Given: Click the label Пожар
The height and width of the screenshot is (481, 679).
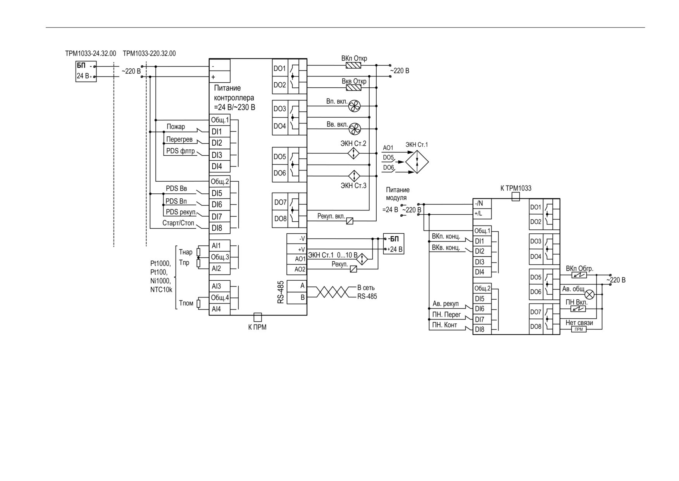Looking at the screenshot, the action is coord(176,127).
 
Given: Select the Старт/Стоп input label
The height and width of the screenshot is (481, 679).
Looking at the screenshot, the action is coord(178,223).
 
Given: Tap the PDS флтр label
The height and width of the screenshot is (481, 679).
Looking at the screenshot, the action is coord(181,151).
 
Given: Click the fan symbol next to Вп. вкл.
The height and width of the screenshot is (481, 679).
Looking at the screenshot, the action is coord(354,106).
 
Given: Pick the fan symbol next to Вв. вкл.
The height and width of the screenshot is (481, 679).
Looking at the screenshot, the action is coord(354,129).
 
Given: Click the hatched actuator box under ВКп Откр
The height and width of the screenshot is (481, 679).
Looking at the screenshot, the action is coord(353,66).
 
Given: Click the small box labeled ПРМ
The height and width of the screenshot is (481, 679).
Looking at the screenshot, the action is coord(579,329).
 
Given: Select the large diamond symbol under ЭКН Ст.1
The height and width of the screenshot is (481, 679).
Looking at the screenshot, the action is coord(417,161).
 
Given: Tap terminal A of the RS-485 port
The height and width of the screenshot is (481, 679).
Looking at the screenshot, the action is coord(297,286).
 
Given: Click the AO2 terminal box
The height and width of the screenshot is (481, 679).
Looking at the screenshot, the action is coord(297,269).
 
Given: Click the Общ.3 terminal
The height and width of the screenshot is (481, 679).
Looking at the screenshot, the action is coord(220,257).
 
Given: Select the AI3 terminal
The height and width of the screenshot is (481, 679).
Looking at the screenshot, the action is coord(220,286).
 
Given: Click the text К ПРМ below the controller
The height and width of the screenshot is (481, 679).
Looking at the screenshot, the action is coord(257,327).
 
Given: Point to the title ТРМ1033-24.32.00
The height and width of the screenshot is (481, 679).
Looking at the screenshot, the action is coord(91,53).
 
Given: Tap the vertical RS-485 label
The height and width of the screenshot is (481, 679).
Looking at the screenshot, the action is coord(281,292).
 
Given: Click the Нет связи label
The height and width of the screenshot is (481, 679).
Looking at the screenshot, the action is coord(579,323).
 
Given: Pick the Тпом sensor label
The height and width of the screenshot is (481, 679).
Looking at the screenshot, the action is coord(186,303).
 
